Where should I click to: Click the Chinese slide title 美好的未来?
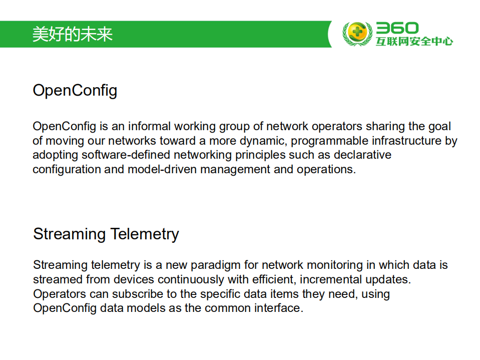click(73, 34)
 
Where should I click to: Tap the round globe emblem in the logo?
click(357, 34)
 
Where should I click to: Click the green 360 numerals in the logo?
click(397, 28)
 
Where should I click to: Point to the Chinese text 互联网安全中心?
click(414, 42)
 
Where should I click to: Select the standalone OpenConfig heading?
click(75, 91)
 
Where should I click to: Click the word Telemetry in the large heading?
click(145, 234)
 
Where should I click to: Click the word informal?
click(149, 126)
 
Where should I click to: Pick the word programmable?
click(329, 141)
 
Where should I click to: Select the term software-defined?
click(126, 155)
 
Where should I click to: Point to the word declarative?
click(362, 155)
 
